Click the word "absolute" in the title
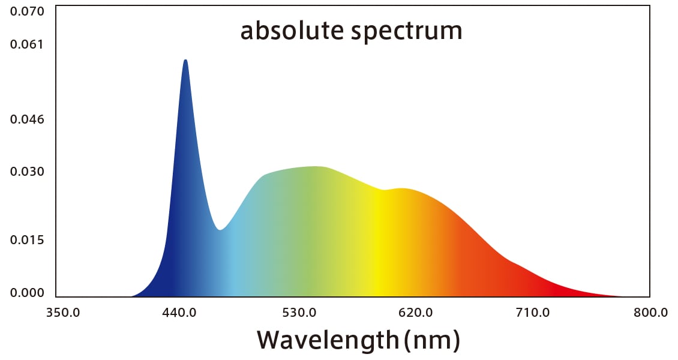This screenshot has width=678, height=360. pos(291,31)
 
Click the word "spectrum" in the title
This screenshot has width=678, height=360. pos(406,32)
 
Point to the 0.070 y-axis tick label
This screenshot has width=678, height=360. pos(28,11)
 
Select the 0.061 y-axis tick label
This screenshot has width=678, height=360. pos(28,44)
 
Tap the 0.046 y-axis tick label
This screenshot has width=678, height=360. pos(28,119)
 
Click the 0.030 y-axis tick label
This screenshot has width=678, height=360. pos(28,172)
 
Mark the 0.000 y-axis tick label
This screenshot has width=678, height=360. pos(28,293)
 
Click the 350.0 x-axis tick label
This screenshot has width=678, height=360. pos(63,313)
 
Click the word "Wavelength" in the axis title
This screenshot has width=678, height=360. pos(328,340)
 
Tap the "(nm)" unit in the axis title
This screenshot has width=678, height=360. pos(432,341)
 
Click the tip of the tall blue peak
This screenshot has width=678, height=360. pos(185,60)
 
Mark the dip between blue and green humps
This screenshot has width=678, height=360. pos(220,230)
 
